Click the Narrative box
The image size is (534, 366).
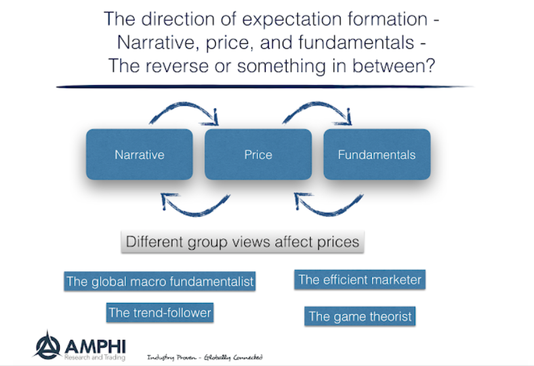point(139,155)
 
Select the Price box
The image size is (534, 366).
point(258,155)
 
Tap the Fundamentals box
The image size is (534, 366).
point(377,155)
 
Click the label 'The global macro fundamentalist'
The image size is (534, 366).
point(159,282)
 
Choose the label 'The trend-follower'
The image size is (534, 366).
point(160,313)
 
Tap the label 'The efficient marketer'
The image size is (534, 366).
point(359,280)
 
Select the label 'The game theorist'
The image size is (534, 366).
point(360,317)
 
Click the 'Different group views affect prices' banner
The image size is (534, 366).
point(242,241)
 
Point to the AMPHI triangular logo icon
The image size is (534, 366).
point(48,346)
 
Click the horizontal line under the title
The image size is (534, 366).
point(262,87)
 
